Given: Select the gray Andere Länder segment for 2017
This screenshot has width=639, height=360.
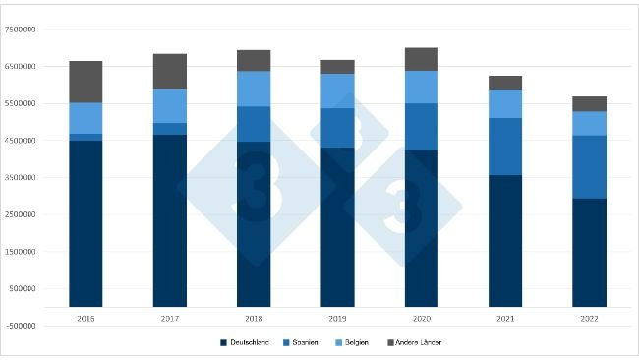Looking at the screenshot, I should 169,71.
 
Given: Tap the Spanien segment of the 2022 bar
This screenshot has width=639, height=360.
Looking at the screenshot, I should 589,166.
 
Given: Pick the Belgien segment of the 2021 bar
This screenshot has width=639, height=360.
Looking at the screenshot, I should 505,103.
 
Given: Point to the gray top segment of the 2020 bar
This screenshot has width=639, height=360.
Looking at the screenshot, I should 422,59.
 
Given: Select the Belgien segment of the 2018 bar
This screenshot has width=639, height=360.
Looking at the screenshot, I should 254,89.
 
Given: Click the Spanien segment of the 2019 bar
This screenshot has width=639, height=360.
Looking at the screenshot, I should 337,128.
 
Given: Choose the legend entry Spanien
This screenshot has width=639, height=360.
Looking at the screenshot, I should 304,342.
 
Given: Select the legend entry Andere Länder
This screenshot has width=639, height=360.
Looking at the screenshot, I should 419,342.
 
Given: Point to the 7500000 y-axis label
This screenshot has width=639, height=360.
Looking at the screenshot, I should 22,30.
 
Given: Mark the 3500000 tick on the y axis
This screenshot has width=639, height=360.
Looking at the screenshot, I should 22,178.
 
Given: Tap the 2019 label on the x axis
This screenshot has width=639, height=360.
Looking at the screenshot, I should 337,318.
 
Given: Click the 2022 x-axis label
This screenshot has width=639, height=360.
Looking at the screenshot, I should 589,318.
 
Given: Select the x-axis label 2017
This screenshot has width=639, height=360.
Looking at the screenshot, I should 169,318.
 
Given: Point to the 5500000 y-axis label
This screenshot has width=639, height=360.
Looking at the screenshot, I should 22,103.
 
